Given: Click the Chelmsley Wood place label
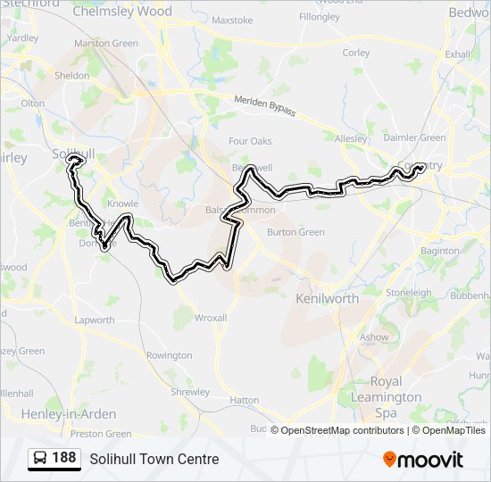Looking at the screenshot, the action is click(121, 12).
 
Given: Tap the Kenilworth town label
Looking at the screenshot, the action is click(327, 298).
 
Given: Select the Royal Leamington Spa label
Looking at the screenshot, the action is click(385, 397).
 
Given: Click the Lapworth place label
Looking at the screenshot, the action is click(95, 320).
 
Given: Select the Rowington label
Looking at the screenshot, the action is click(169, 355).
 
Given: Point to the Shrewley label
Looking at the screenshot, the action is click(190, 392).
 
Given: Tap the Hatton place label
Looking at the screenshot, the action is click(244, 401).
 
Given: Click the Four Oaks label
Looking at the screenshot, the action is click(250, 141).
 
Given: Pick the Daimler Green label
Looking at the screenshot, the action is click(414, 137).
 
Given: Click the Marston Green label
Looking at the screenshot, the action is click(106, 43).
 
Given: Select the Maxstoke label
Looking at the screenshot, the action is click(232, 20).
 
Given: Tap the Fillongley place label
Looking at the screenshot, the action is click(320, 17).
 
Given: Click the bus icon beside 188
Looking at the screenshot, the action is click(40, 459).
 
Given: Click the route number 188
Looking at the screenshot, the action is click(63, 459).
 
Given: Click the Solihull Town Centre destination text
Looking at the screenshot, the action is click(154, 460).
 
